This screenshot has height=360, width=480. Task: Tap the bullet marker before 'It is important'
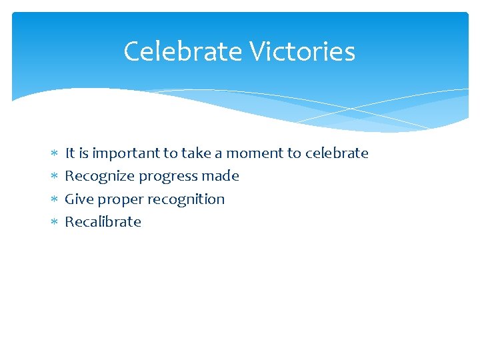(x=55, y=154)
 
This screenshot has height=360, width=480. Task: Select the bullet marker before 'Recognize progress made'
(x=55, y=177)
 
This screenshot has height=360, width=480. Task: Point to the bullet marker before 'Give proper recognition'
(x=55, y=199)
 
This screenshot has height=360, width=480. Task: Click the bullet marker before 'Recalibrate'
(x=55, y=222)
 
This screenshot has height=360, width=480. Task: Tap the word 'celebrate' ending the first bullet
(x=337, y=153)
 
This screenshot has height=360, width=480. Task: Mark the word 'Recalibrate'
(x=103, y=221)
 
